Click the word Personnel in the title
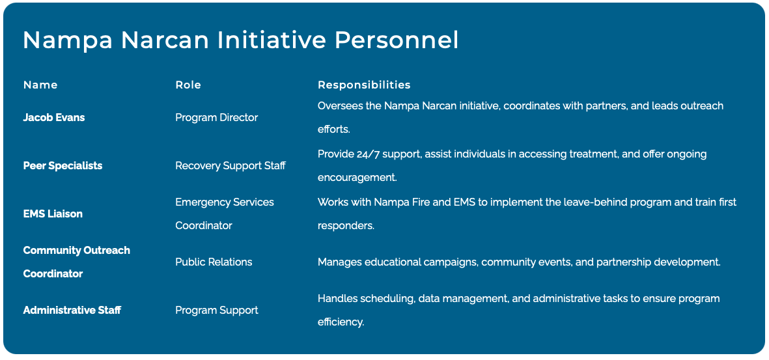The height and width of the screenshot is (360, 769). click(x=397, y=40)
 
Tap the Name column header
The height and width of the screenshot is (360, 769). click(x=40, y=85)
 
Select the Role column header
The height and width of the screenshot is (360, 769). click(x=188, y=85)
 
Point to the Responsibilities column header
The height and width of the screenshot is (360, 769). click(x=364, y=85)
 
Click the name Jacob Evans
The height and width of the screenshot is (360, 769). click(x=54, y=118)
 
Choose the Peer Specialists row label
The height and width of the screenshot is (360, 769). click(x=63, y=166)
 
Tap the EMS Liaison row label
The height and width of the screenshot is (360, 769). click(x=53, y=214)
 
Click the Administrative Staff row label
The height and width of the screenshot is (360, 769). click(x=72, y=310)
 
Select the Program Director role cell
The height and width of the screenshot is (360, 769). click(x=217, y=118)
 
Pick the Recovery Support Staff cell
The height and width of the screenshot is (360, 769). click(x=231, y=166)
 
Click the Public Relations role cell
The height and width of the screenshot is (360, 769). click(x=214, y=262)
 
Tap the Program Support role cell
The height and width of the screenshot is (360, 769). click(x=217, y=310)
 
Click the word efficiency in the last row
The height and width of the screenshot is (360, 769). click(x=341, y=323)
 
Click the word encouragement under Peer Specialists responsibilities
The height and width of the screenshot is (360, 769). click(x=357, y=178)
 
